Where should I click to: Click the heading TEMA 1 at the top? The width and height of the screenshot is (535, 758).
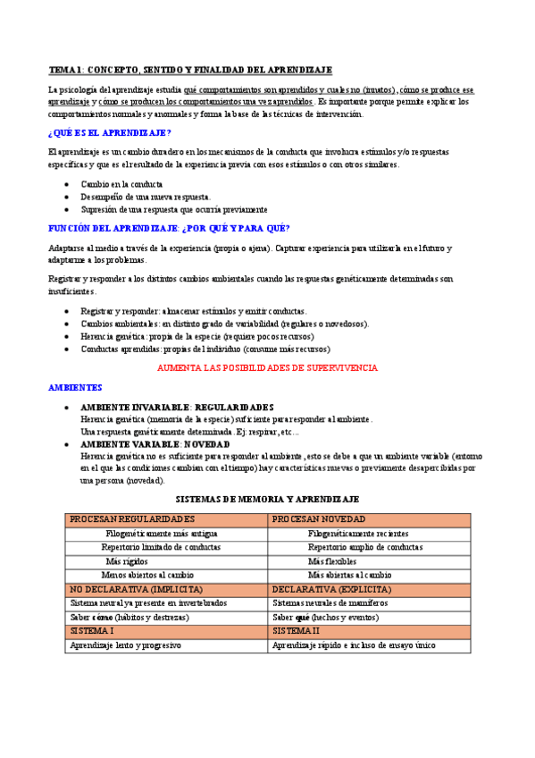point(189,70)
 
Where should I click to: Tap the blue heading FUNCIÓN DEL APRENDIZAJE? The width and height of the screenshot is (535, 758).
point(168,228)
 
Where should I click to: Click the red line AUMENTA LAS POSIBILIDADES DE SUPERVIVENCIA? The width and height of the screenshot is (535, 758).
point(267,367)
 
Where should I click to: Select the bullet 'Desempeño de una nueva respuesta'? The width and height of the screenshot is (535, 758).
point(146,197)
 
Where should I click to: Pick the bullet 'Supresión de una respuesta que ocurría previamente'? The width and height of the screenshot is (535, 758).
point(173,209)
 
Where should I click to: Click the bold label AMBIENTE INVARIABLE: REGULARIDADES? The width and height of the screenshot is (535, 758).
point(177,407)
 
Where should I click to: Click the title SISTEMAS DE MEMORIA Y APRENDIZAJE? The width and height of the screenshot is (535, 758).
point(267,498)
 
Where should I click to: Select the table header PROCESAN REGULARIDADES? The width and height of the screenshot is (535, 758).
point(132,519)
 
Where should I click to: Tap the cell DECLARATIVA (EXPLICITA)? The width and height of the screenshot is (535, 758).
point(330,590)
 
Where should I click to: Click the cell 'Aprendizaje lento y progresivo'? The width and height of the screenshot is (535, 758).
point(125,644)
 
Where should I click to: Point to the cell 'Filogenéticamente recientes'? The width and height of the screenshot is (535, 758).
point(357,534)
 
